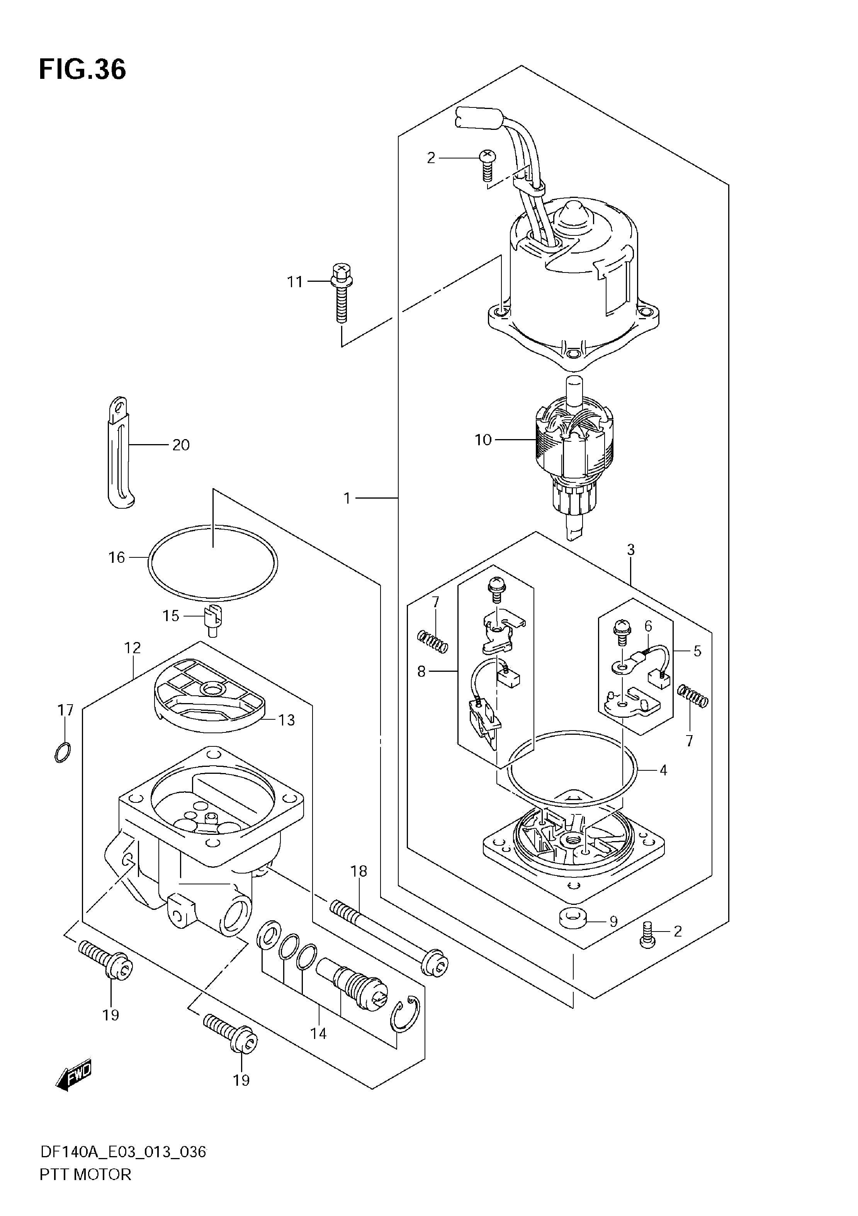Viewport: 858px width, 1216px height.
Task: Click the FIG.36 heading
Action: click(83, 69)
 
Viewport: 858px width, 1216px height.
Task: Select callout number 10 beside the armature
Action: click(483, 439)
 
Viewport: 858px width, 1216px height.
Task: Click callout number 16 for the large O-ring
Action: click(117, 558)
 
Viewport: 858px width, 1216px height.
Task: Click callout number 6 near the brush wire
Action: click(648, 626)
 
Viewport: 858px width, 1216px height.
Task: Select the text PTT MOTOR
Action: click(85, 1189)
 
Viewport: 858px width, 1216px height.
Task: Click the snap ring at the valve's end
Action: click(405, 1014)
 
